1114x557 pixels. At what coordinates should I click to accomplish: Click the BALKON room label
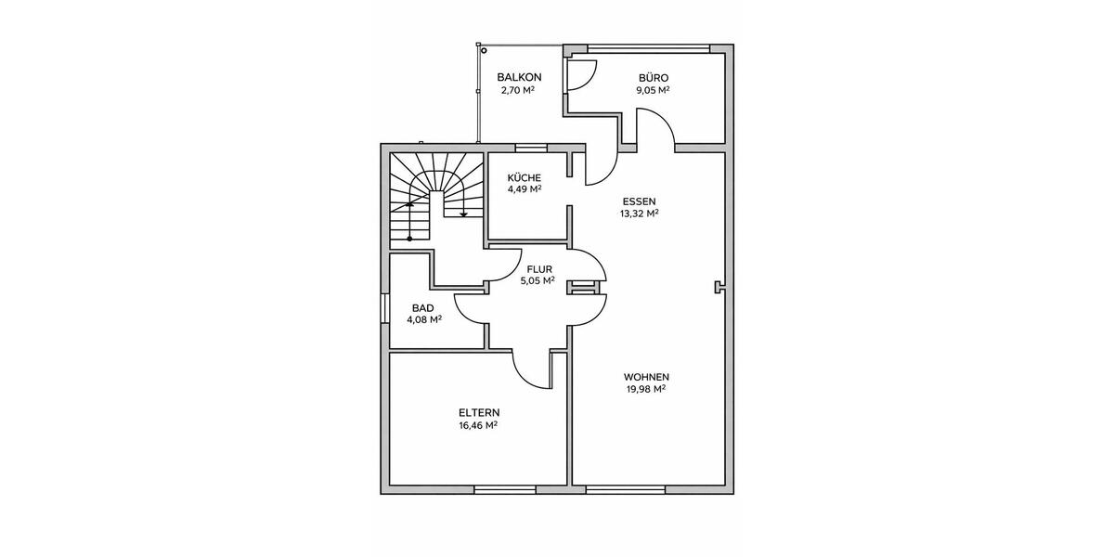519,77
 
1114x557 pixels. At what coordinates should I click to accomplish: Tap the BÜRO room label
653,77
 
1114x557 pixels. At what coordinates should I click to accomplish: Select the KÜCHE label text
524,176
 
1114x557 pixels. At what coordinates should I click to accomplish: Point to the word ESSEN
639,201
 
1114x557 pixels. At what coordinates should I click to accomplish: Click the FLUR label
539,269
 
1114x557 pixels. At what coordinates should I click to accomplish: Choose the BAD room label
423,308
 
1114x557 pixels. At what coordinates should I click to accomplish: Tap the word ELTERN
479,412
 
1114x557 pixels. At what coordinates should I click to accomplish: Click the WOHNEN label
646,377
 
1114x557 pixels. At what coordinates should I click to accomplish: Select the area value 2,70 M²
519,90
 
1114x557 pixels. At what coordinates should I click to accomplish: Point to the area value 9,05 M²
653,90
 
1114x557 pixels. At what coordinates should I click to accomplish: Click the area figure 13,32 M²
639,213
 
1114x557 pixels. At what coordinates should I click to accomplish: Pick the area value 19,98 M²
646,389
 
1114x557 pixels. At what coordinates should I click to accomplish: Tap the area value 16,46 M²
479,424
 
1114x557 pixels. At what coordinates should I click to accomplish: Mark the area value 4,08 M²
423,320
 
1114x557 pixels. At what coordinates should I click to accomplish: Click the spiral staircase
436,195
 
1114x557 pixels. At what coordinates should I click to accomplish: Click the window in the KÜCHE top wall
532,147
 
